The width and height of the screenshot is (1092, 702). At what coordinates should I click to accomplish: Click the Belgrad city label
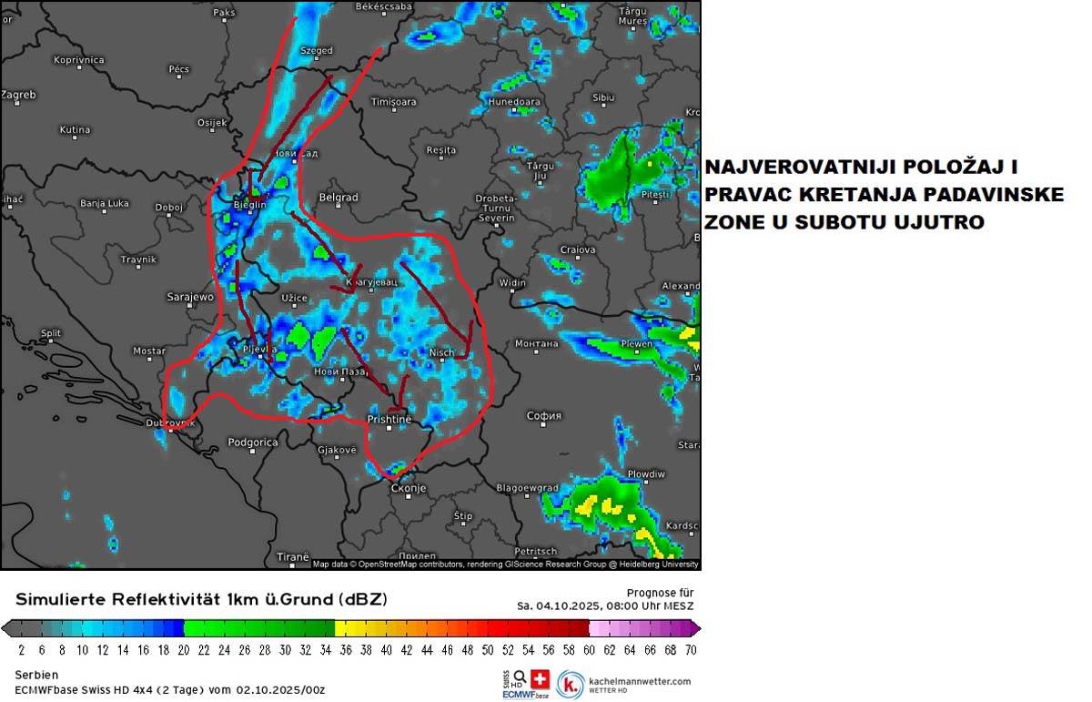click(x=339, y=197)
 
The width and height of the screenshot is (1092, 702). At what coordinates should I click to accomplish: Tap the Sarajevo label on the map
click(x=190, y=297)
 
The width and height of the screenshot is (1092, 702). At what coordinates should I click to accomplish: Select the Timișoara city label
click(x=393, y=102)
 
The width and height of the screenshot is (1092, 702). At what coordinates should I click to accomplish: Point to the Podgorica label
click(x=252, y=442)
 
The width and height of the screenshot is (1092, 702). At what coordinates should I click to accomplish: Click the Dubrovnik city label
click(x=170, y=422)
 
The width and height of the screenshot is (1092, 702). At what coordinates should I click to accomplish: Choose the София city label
click(x=544, y=416)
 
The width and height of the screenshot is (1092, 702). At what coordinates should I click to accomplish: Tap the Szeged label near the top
click(x=317, y=51)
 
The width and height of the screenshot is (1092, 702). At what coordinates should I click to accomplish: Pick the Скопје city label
click(x=408, y=488)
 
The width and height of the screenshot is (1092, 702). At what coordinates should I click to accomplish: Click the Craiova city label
click(x=578, y=249)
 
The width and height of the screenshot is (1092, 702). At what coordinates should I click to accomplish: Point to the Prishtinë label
click(x=389, y=419)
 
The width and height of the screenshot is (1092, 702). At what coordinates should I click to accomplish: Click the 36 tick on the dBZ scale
click(x=346, y=650)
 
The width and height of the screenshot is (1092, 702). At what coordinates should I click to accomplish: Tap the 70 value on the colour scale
click(x=691, y=650)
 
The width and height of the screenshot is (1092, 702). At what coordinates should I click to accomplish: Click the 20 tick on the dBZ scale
click(x=184, y=650)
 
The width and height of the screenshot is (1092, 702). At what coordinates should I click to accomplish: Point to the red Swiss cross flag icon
click(x=541, y=679)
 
